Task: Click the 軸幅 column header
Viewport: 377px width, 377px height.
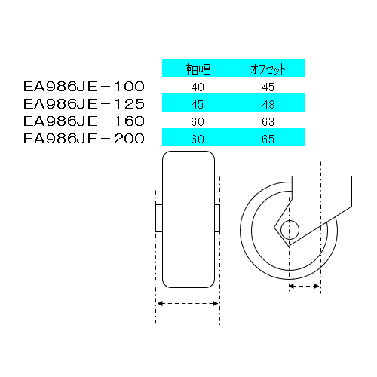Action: click(198, 69)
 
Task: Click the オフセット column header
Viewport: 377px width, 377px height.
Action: click(268, 69)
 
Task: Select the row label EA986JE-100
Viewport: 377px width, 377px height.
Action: click(84, 87)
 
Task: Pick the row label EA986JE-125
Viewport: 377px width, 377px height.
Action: click(84, 104)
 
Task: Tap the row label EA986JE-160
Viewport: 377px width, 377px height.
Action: click(84, 121)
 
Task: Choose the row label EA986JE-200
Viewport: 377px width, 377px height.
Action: click(84, 139)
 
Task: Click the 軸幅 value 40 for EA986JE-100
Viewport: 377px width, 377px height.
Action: click(198, 87)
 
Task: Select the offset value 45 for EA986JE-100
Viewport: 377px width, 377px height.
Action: click(268, 87)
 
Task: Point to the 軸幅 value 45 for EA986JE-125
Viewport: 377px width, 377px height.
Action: click(198, 105)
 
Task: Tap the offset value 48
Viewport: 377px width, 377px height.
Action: click(268, 105)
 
